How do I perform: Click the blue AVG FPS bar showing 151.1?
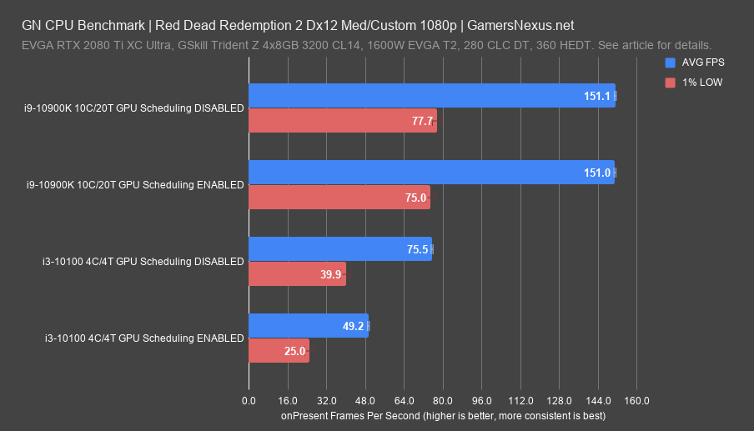tap(431, 96)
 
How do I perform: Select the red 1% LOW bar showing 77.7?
tap(342, 121)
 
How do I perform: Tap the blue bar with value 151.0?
tap(431, 173)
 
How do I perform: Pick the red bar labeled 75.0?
tap(339, 198)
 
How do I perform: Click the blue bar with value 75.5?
tap(339, 249)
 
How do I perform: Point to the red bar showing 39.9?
tap(296, 274)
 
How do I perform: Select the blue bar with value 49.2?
tap(308, 326)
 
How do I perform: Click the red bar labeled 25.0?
tap(279, 351)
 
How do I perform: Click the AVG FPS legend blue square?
tap(670, 63)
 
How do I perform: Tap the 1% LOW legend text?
tap(705, 82)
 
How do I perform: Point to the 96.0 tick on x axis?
tap(481, 401)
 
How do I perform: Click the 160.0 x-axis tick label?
tap(636, 401)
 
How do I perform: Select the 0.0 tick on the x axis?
tap(249, 401)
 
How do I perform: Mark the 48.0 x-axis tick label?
tap(365, 401)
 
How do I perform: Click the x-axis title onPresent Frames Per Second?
tap(443, 415)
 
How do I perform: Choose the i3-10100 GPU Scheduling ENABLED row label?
tap(143, 338)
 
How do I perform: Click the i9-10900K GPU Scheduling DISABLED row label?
tap(134, 108)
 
